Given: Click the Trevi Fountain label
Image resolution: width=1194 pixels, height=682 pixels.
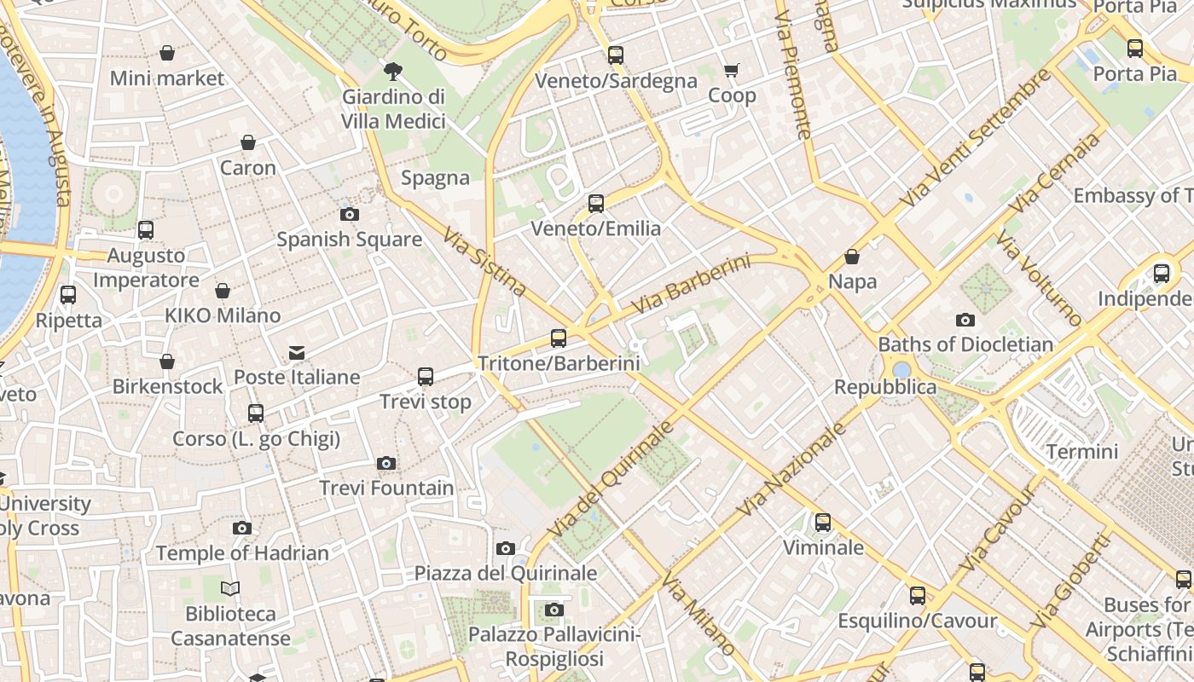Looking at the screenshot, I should click(x=386, y=488).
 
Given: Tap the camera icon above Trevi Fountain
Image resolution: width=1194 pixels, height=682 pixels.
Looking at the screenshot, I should click(x=386, y=464).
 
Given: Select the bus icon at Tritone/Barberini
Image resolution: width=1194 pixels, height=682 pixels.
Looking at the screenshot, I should click(x=559, y=338).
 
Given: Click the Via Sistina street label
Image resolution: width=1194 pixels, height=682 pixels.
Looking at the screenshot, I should click(x=484, y=260).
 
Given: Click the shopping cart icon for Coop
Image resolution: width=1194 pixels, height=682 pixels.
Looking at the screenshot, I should click(x=732, y=71).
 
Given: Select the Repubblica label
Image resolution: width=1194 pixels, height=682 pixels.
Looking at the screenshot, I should click(x=885, y=387).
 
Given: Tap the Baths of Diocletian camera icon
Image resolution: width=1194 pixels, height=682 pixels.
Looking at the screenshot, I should click(x=965, y=321).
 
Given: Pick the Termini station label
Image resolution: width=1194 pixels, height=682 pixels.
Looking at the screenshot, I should click(x=1081, y=451).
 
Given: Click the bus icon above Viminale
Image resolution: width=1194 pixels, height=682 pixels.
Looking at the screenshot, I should click(x=823, y=523).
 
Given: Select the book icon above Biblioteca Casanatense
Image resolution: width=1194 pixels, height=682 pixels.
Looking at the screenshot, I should click(x=230, y=589).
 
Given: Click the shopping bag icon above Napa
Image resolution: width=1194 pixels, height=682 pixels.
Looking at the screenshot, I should click(x=851, y=257).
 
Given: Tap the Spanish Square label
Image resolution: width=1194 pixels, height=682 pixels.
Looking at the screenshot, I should click(x=349, y=240).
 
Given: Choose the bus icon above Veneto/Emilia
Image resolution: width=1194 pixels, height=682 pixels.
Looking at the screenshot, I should click(x=596, y=204).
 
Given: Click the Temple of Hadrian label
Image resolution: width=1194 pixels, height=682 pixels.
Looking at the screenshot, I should click(x=242, y=553).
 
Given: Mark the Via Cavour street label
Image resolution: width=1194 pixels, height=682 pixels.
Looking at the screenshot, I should click(x=997, y=528).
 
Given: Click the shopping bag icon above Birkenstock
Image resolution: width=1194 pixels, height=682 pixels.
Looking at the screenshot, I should click(x=167, y=362).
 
